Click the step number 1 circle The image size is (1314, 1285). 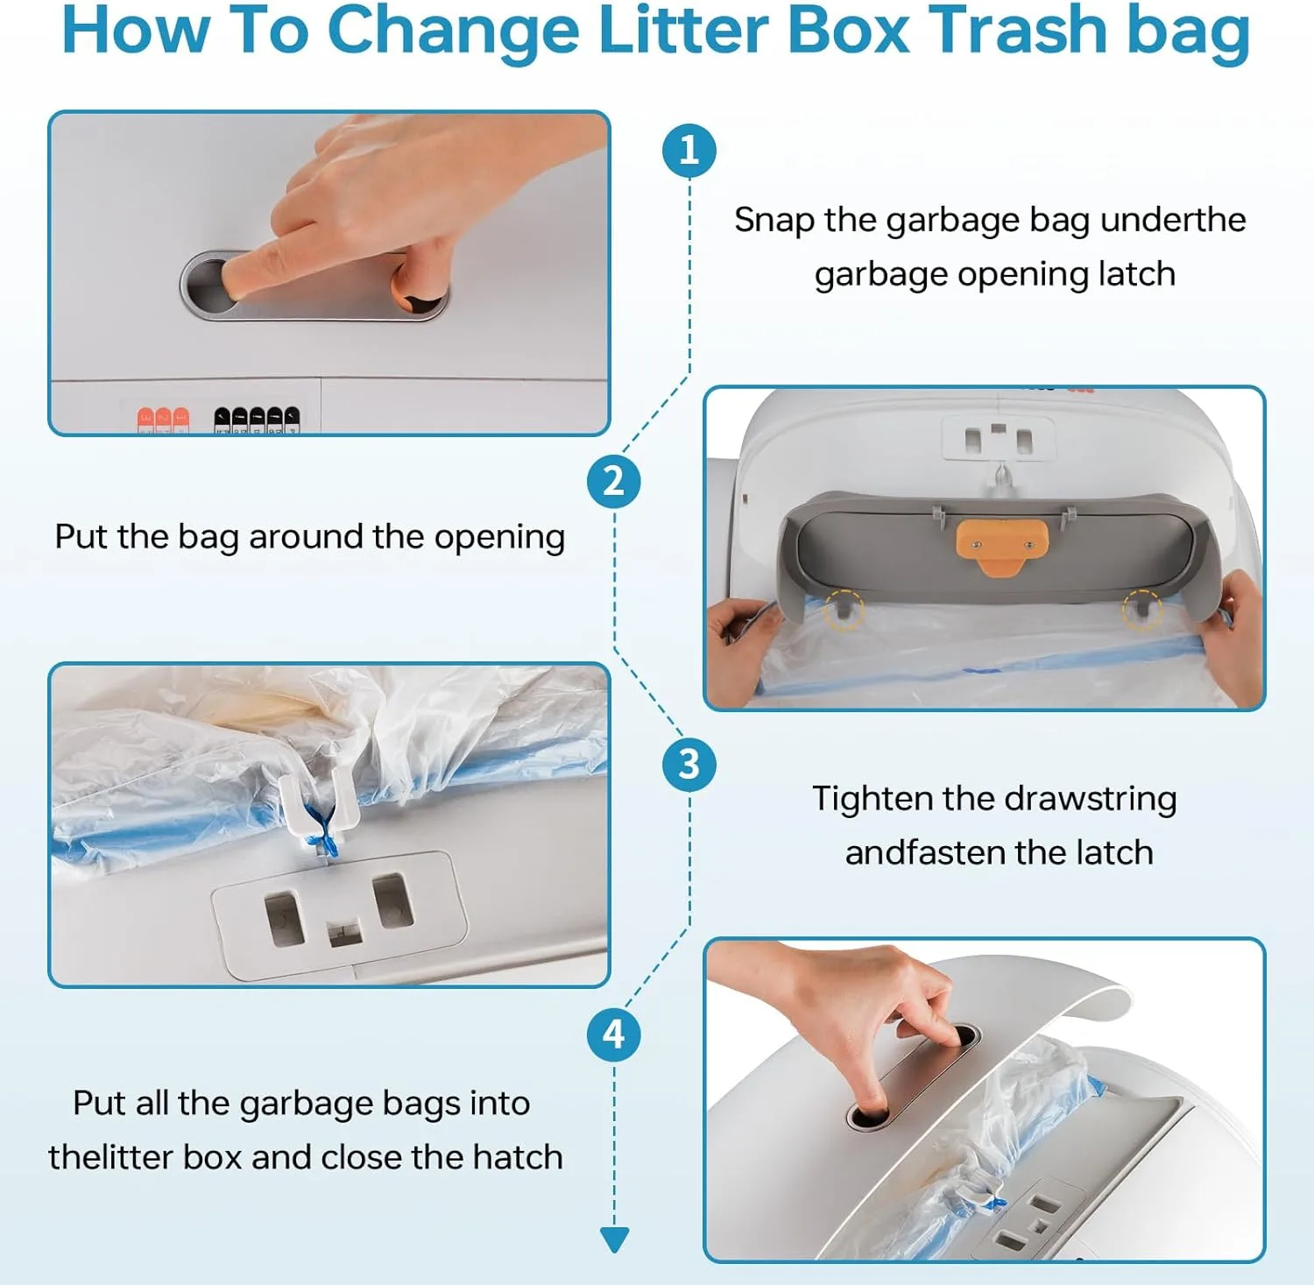pyautogui.click(x=689, y=150)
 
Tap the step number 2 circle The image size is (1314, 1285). pyautogui.click(x=613, y=481)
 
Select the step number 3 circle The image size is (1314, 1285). pyautogui.click(x=689, y=764)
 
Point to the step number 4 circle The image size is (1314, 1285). pyautogui.click(x=613, y=1034)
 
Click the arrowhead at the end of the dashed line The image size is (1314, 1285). pyautogui.click(x=614, y=1239)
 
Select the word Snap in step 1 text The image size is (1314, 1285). pyautogui.click(x=774, y=221)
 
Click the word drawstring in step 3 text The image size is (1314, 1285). pyautogui.click(x=1091, y=800)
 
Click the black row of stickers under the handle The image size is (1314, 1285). pyautogui.click(x=257, y=420)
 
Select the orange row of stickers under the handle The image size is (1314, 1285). pyautogui.click(x=163, y=420)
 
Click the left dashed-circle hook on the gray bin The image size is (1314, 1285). pyautogui.click(x=844, y=609)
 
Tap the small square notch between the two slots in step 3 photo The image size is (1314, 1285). pyautogui.click(x=344, y=932)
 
